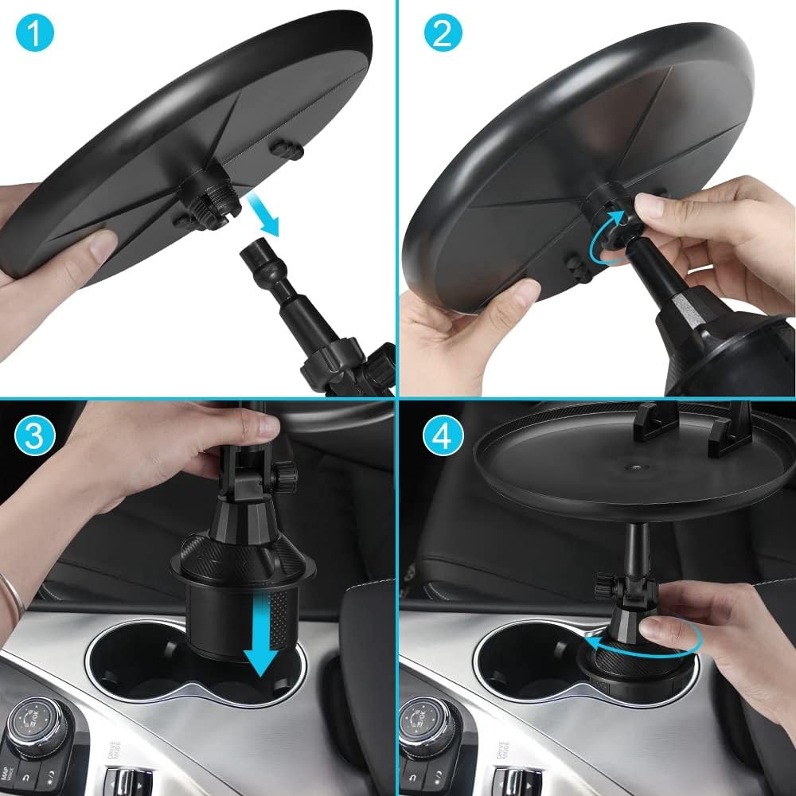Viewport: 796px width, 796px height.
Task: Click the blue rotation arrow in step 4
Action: point(653,637)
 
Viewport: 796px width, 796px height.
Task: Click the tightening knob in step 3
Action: point(284,478)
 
